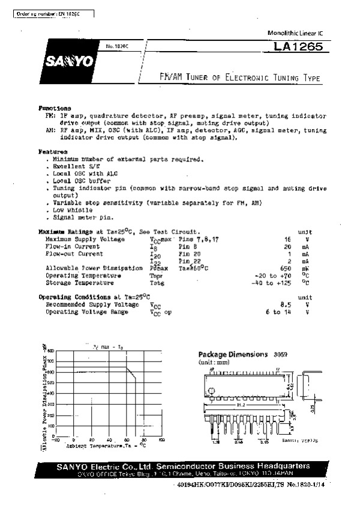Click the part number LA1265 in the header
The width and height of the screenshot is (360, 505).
pos(299,46)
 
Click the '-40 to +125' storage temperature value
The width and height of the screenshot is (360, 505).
pos(277,282)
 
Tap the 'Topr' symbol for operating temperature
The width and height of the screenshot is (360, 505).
pos(157,275)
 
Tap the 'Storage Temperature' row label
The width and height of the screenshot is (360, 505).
pos(80,282)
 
